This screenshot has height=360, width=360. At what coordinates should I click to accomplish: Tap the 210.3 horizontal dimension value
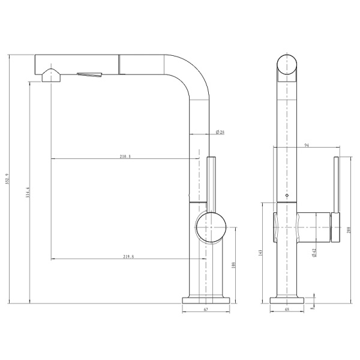125,156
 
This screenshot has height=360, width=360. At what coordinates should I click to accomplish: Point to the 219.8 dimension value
128,256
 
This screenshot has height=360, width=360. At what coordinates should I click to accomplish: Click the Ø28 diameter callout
220,132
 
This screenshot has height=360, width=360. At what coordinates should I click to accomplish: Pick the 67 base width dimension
206,310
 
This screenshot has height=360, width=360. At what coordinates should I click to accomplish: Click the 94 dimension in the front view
307,145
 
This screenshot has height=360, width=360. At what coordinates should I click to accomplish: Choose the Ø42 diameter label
314,253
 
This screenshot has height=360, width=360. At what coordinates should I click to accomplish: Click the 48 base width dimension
287,310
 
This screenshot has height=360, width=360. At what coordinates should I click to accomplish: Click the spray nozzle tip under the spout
52,75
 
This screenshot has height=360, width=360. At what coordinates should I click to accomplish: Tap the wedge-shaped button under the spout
89,74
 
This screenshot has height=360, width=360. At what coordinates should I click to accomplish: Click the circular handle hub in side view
211,227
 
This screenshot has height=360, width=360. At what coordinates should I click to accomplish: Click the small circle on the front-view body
286,196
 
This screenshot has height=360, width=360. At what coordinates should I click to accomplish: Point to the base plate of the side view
206,299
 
